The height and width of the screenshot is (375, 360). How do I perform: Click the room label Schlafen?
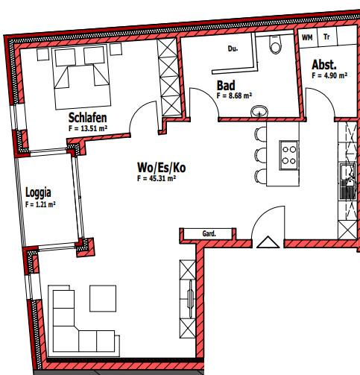pos(89,118)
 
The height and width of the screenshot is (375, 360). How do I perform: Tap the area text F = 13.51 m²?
pos(89,128)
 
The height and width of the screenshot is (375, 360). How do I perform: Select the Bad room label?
pos(225,86)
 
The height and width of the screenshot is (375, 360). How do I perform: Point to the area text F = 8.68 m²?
pos(234,96)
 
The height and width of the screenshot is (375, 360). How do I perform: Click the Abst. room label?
pos(324,66)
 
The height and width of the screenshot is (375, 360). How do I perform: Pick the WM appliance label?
pos(307,36)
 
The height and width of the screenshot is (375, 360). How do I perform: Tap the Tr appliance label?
pos(326,36)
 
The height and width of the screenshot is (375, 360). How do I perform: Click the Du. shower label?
pos(233,50)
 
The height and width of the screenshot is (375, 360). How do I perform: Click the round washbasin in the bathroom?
pos(259,112)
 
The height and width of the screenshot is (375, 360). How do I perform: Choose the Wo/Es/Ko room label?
pos(161,168)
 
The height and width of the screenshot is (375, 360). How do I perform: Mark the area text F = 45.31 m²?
pos(156,179)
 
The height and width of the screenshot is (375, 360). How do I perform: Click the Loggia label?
pos(38,192)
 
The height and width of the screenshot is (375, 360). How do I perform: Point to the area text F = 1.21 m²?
pos(40,204)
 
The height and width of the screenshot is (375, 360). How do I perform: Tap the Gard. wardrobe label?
pos(209,234)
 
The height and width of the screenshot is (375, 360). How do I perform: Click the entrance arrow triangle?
pos(265,242)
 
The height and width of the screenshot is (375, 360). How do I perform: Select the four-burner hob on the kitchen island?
pos(288,155)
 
